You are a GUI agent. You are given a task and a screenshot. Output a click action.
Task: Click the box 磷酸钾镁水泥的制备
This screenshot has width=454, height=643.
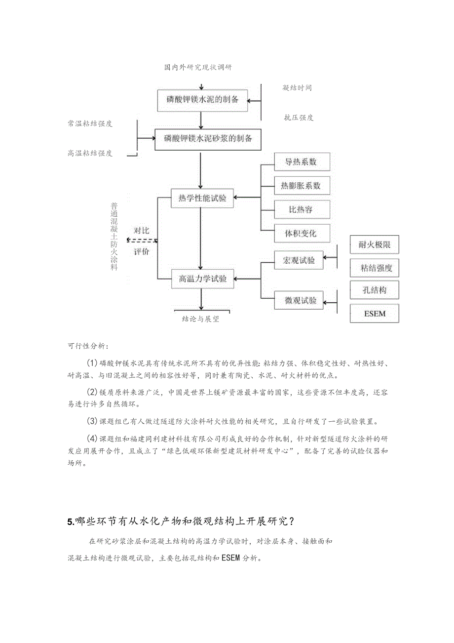coord(202,100)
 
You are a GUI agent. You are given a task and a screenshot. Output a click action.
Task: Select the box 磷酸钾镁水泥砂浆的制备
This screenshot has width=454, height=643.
coord(208,139)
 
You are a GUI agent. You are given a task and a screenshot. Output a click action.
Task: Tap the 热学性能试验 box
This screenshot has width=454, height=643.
coord(202,199)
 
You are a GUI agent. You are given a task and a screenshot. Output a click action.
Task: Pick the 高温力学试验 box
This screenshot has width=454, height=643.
coord(202,279)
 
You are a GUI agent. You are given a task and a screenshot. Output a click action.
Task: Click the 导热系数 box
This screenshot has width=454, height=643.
coord(302,162)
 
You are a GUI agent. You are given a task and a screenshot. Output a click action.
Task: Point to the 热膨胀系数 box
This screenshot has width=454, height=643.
coord(302,186)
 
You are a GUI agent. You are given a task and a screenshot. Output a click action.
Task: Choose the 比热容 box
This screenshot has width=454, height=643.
coord(302,209)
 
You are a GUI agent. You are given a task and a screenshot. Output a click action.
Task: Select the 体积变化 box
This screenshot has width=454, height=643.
coord(302,233)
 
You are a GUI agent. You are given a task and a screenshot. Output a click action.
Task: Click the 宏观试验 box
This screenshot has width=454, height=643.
coord(299,260)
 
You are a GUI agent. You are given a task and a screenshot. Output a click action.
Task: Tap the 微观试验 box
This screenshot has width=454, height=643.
coord(299,300)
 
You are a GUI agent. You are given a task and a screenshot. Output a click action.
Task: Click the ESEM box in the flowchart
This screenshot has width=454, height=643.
coord(374,314)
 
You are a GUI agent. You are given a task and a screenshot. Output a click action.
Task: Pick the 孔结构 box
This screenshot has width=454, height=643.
coord(374,290)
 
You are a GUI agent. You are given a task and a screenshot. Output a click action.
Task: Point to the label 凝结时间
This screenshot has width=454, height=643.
coord(297,88)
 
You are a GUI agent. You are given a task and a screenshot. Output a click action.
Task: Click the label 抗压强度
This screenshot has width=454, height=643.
coord(299,118)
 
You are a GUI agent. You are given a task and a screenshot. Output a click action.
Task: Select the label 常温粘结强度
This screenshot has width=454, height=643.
coord(90,123)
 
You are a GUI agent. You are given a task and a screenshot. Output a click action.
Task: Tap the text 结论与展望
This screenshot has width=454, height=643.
coord(200,319)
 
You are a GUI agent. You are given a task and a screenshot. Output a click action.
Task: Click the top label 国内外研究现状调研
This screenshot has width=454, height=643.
coord(198,67)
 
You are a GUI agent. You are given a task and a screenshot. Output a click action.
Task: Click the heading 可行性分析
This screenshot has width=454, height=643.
coord(88,345)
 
